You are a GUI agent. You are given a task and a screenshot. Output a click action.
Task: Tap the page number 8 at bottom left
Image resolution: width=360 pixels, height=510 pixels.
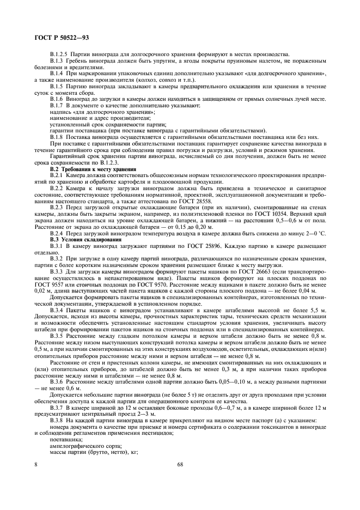36,464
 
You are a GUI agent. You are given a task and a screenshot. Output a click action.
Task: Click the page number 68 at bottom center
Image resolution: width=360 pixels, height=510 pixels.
180,464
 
